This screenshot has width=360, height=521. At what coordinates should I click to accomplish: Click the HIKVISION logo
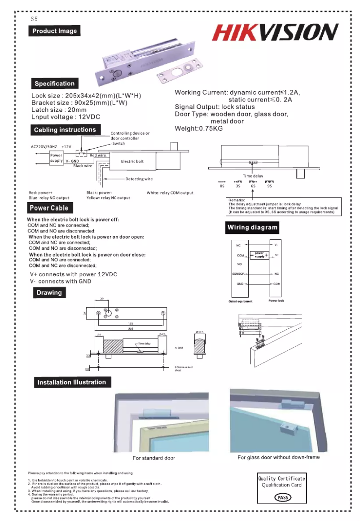pyautogui.click(x=275, y=33)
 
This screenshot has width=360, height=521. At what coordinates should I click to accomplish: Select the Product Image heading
pyautogui.click(x=54, y=31)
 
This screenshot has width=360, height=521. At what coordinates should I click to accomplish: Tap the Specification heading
pyautogui.click(x=54, y=84)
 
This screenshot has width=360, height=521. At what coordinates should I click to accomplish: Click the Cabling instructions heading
pyautogui.click(x=65, y=130)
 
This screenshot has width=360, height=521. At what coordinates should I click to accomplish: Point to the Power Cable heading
pyautogui.click(x=49, y=208)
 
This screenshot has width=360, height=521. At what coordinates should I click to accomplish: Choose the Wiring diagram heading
pyautogui.click(x=252, y=227)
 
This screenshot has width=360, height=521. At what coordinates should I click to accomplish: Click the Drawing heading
pyautogui.click(x=49, y=293)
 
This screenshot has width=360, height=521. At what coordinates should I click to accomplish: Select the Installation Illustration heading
pyautogui.click(x=72, y=383)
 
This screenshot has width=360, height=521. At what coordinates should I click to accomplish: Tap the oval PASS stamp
pyautogui.click(x=282, y=497)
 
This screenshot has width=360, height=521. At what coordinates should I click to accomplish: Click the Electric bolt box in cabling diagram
pyautogui.click(x=132, y=161)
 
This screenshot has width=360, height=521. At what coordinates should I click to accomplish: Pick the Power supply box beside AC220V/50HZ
pyautogui.click(x=57, y=158)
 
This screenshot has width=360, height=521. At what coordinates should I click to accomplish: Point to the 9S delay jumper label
pyautogui.click(x=269, y=185)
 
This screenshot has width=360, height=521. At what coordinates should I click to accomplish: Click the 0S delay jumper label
pyautogui.click(x=221, y=185)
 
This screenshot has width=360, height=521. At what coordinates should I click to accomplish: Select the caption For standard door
pyautogui.click(x=154, y=458)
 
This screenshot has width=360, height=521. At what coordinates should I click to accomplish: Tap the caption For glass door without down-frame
pyautogui.click(x=278, y=457)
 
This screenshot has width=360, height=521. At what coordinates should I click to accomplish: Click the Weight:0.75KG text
pyautogui.click(x=198, y=129)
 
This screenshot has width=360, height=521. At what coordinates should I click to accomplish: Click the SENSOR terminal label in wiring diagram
pyautogui.click(x=237, y=274)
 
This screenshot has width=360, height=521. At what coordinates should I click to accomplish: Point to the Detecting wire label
pyautogui.click(x=139, y=179)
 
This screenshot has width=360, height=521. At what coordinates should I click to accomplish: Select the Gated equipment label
pyautogui.click(x=240, y=301)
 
